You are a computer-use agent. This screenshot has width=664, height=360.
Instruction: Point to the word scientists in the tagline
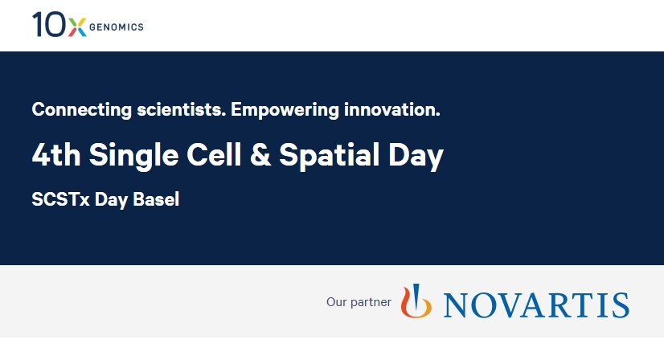176,109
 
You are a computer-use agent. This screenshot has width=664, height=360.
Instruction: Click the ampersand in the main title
260,155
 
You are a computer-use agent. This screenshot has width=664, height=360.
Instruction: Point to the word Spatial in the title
330,155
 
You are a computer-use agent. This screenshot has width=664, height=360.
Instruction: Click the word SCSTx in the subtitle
60,200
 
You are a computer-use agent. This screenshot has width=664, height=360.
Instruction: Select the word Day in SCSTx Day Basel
110,200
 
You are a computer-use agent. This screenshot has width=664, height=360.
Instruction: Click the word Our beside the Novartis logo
336,303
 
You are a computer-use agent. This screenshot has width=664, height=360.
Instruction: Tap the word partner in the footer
371,303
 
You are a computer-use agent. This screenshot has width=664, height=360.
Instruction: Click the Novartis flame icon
416,301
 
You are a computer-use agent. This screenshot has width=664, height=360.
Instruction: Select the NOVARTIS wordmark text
536,305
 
